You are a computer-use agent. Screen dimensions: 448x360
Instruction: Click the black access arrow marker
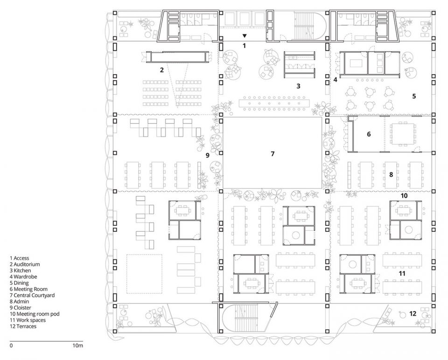(244, 36)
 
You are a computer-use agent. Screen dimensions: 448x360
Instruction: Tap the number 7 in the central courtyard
(273, 154)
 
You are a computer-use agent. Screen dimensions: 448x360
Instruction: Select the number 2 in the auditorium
(162, 69)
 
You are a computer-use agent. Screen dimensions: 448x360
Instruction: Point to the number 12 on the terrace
(413, 313)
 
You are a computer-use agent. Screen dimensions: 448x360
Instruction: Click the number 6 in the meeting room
(369, 134)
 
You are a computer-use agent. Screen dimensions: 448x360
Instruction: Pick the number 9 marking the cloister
(207, 155)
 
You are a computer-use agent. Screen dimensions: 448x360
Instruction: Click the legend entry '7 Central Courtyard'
(32, 295)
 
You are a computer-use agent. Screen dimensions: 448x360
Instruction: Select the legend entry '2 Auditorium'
(25, 264)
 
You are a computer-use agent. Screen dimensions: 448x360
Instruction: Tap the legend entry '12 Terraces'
(23, 326)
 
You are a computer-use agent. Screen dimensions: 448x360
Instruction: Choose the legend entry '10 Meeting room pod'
(35, 314)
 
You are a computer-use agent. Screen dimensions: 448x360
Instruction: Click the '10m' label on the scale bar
(78, 346)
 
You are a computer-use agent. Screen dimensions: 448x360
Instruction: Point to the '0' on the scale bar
(11, 346)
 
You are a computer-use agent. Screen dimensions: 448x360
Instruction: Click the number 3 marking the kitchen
(298, 86)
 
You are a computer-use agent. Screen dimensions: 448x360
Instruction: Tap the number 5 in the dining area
(414, 96)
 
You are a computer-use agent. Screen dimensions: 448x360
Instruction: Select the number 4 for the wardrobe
(335, 80)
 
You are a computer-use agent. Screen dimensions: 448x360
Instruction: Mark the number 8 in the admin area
(391, 174)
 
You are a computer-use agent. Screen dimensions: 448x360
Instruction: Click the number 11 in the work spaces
(402, 273)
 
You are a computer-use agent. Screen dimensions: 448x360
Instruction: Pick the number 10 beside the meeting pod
(404, 195)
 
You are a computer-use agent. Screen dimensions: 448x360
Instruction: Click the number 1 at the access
(244, 45)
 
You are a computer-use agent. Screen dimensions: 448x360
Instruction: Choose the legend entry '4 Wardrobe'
(23, 277)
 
